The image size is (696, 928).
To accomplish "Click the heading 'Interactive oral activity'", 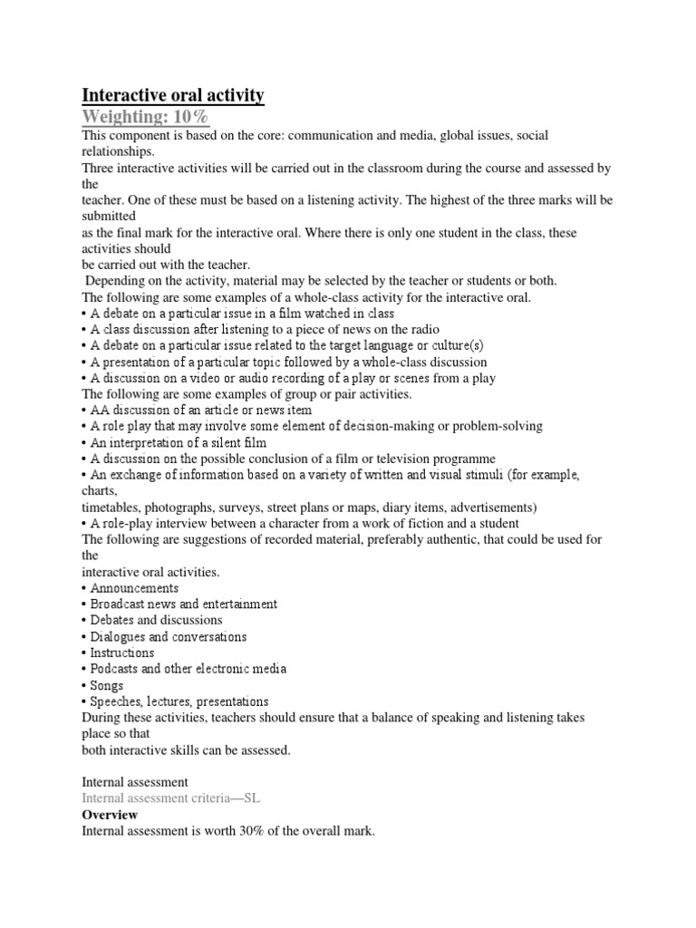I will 173,95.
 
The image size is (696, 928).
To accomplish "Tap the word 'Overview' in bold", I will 110,815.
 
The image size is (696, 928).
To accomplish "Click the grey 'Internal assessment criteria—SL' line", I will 171,798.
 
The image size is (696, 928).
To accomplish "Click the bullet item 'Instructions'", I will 122,652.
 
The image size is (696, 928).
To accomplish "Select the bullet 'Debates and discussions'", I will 156,620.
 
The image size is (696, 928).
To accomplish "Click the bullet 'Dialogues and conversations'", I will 168,636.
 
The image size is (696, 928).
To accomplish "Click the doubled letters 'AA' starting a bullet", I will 101,411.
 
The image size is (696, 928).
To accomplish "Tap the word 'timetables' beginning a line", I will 111,507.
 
